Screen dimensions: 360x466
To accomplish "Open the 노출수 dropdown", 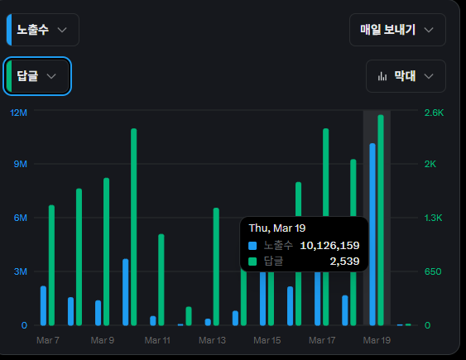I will tap(43, 30).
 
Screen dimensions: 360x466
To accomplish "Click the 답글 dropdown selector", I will tap(38, 76).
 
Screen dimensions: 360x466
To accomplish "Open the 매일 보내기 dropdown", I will tap(397, 30).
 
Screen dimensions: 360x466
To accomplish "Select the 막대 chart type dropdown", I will tap(406, 76).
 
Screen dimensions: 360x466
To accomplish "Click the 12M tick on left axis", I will tap(18, 113).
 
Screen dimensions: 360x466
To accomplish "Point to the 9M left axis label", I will tap(21, 164).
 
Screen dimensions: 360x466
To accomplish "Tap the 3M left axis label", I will tap(21, 271).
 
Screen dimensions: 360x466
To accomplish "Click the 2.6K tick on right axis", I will tap(435, 113).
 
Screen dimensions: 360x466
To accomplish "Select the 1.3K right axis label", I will tap(435, 218).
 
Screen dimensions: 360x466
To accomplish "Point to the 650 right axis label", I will tap(432, 271).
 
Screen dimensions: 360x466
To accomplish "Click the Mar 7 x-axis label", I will tap(48, 340).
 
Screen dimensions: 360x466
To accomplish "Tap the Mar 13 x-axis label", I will tap(212, 340).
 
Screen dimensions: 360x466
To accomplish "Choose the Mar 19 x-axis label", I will tap(377, 340).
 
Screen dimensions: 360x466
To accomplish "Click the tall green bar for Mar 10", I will tap(133, 228).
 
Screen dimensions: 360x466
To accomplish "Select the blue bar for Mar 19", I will tap(372, 234).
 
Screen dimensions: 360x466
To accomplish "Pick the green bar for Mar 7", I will tap(51, 265).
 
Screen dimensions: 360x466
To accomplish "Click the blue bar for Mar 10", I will tap(125, 292).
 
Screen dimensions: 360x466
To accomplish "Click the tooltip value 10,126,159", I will tap(329, 246).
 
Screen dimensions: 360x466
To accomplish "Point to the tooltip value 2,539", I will tap(344, 262).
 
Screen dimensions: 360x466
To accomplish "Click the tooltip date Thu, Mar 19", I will tap(277, 228).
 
